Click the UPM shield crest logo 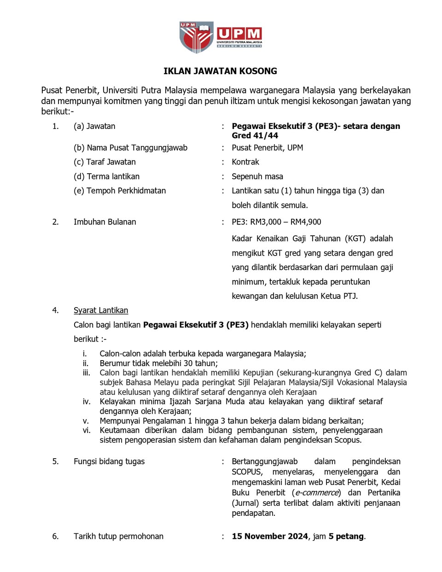pos(197,37)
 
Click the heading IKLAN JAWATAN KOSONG pos(220,71)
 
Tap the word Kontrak pos(245,162)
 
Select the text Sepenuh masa pos(257,176)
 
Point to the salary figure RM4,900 pos(306,222)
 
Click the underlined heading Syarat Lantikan pos(101,310)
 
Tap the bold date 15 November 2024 pos(270,536)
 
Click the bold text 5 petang pos(346,536)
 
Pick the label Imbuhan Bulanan pos(105,222)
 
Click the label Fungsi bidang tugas pos(109,461)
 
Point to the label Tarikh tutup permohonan pos(118,536)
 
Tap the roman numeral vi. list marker pos(87,430)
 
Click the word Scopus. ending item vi pos(348,440)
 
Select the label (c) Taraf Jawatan pos(105,162)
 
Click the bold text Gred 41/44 pos(255,135)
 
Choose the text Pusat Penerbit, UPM pos(268,148)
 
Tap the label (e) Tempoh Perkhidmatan pos(120,191)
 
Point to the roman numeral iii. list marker pos(87,373)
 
